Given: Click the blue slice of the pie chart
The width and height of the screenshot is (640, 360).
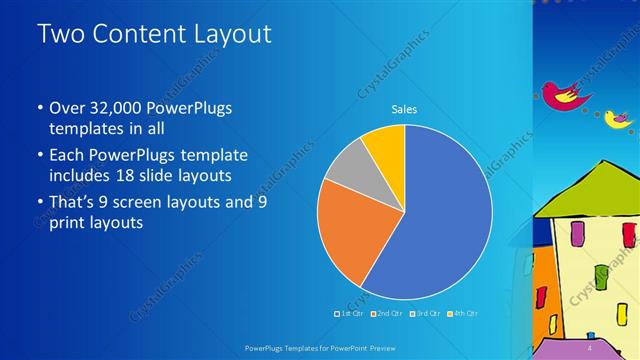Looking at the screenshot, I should click(440, 220).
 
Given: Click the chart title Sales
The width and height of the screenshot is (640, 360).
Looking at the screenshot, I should click(404, 110).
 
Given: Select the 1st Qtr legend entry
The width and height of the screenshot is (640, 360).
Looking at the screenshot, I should click(347, 315).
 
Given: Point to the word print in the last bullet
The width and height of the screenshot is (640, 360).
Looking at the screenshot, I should click(68, 223).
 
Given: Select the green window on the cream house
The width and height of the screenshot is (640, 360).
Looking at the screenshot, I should click(601, 275).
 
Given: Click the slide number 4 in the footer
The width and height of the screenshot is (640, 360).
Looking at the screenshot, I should click(590, 348).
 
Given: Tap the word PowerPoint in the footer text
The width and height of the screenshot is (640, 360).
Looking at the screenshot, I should click(352, 348).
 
